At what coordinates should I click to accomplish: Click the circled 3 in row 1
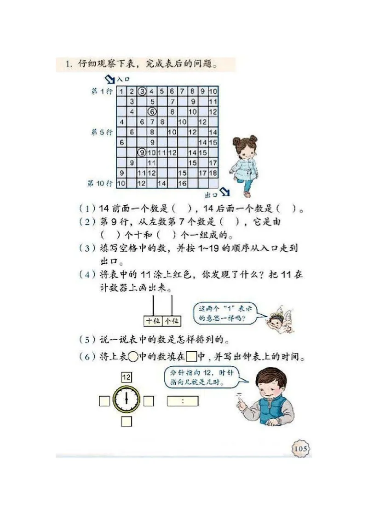coord(142,91)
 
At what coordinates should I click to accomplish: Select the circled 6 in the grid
coord(152,111)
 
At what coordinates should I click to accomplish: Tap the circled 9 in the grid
coord(142,152)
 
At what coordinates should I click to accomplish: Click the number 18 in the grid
coord(213,173)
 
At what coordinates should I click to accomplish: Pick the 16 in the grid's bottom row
coord(182,183)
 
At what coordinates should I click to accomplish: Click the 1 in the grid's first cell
coord(121,91)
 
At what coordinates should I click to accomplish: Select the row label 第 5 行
coord(102,132)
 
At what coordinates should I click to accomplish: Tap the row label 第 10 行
coord(100,183)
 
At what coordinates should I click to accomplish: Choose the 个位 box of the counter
coord(172,321)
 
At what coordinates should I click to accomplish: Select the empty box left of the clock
coord(104,401)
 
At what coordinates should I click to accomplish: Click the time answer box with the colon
coord(183,401)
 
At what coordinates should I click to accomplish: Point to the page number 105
coord(300,447)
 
